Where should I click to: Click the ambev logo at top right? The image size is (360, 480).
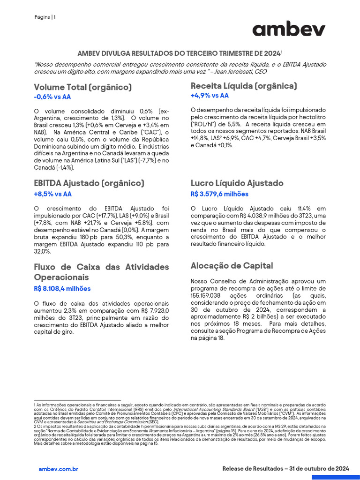289,29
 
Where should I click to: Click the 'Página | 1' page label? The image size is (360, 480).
45,17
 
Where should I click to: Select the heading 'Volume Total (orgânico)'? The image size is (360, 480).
82,87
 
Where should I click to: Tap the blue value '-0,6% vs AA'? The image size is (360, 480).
52,97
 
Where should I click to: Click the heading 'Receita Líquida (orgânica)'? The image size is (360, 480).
244,86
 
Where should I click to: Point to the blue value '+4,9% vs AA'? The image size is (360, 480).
210,96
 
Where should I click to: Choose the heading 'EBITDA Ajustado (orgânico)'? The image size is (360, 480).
89,183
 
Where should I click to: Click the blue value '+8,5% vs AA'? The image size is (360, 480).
52,194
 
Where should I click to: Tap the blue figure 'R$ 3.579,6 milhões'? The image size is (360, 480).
219,194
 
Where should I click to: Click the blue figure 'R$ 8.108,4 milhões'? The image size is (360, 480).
62,289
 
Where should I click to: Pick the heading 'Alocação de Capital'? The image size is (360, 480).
232,266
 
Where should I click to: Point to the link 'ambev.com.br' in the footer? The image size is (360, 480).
58,469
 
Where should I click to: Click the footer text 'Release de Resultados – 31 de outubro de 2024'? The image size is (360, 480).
285,469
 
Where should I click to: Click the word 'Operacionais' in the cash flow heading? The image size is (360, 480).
61,277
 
